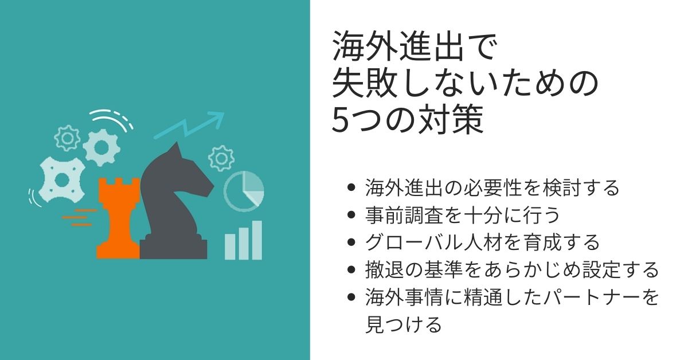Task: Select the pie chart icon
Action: click(x=244, y=191)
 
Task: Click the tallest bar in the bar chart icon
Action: click(x=257, y=240)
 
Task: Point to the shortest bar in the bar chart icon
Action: click(x=230, y=247)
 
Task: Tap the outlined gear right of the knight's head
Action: click(x=221, y=158)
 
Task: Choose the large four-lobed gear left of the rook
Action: click(x=62, y=179)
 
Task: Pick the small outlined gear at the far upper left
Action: click(x=67, y=138)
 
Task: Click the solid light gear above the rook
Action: click(x=101, y=148)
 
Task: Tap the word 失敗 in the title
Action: click(x=365, y=83)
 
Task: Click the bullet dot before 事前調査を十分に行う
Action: click(x=351, y=214)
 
